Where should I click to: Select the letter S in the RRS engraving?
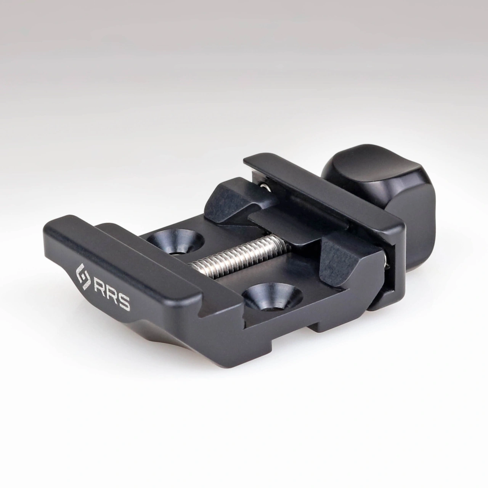tap(123, 304)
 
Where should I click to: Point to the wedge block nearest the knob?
tap(345, 259)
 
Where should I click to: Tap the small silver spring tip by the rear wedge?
tap(264, 186)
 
